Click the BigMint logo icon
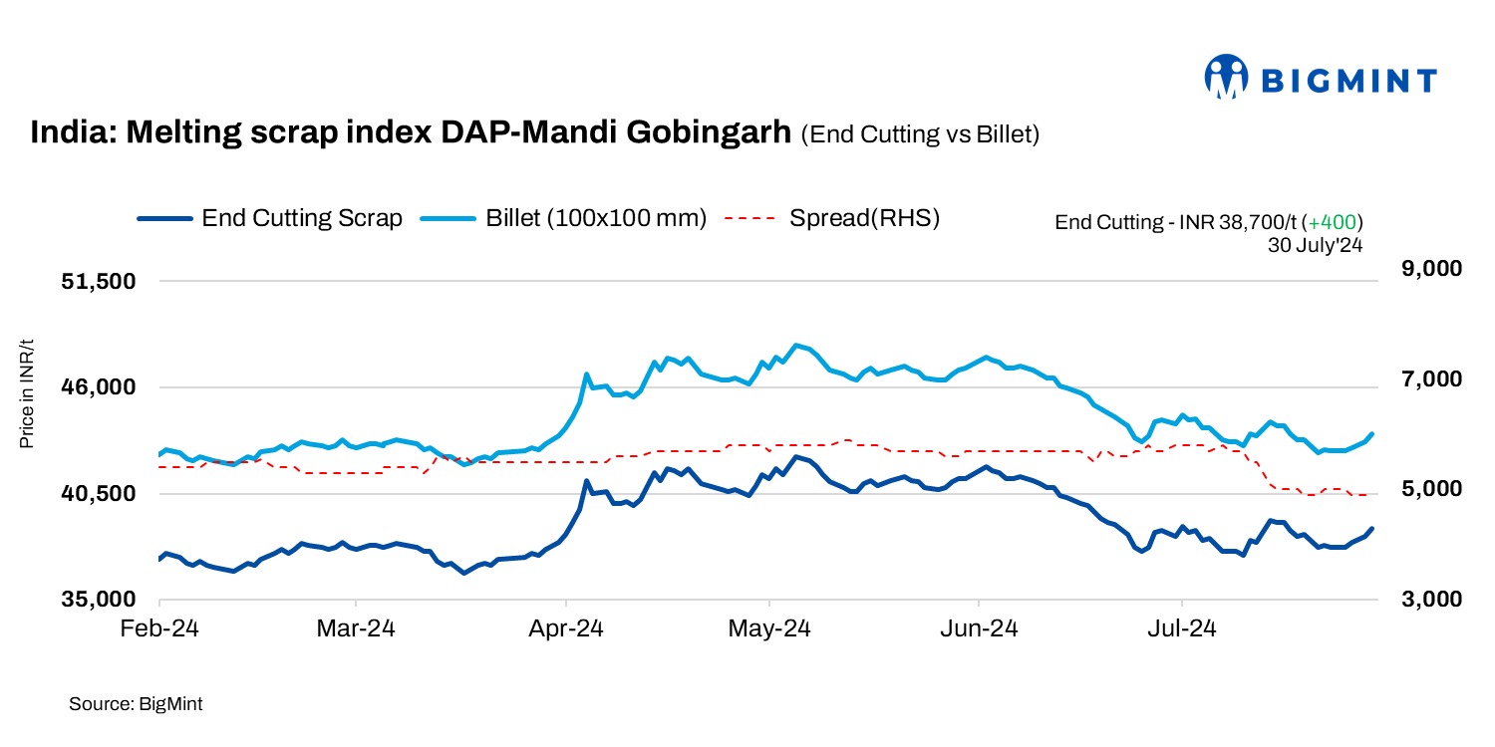click(1227, 78)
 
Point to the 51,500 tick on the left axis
click(99, 282)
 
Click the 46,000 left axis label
click(99, 387)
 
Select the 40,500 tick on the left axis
click(99, 494)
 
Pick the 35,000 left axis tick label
click(99, 600)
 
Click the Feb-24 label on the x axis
click(160, 629)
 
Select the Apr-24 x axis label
click(566, 629)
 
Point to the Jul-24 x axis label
click(1182, 629)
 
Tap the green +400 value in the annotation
click(1335, 222)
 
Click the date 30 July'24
click(1314, 245)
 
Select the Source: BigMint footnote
click(136, 704)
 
